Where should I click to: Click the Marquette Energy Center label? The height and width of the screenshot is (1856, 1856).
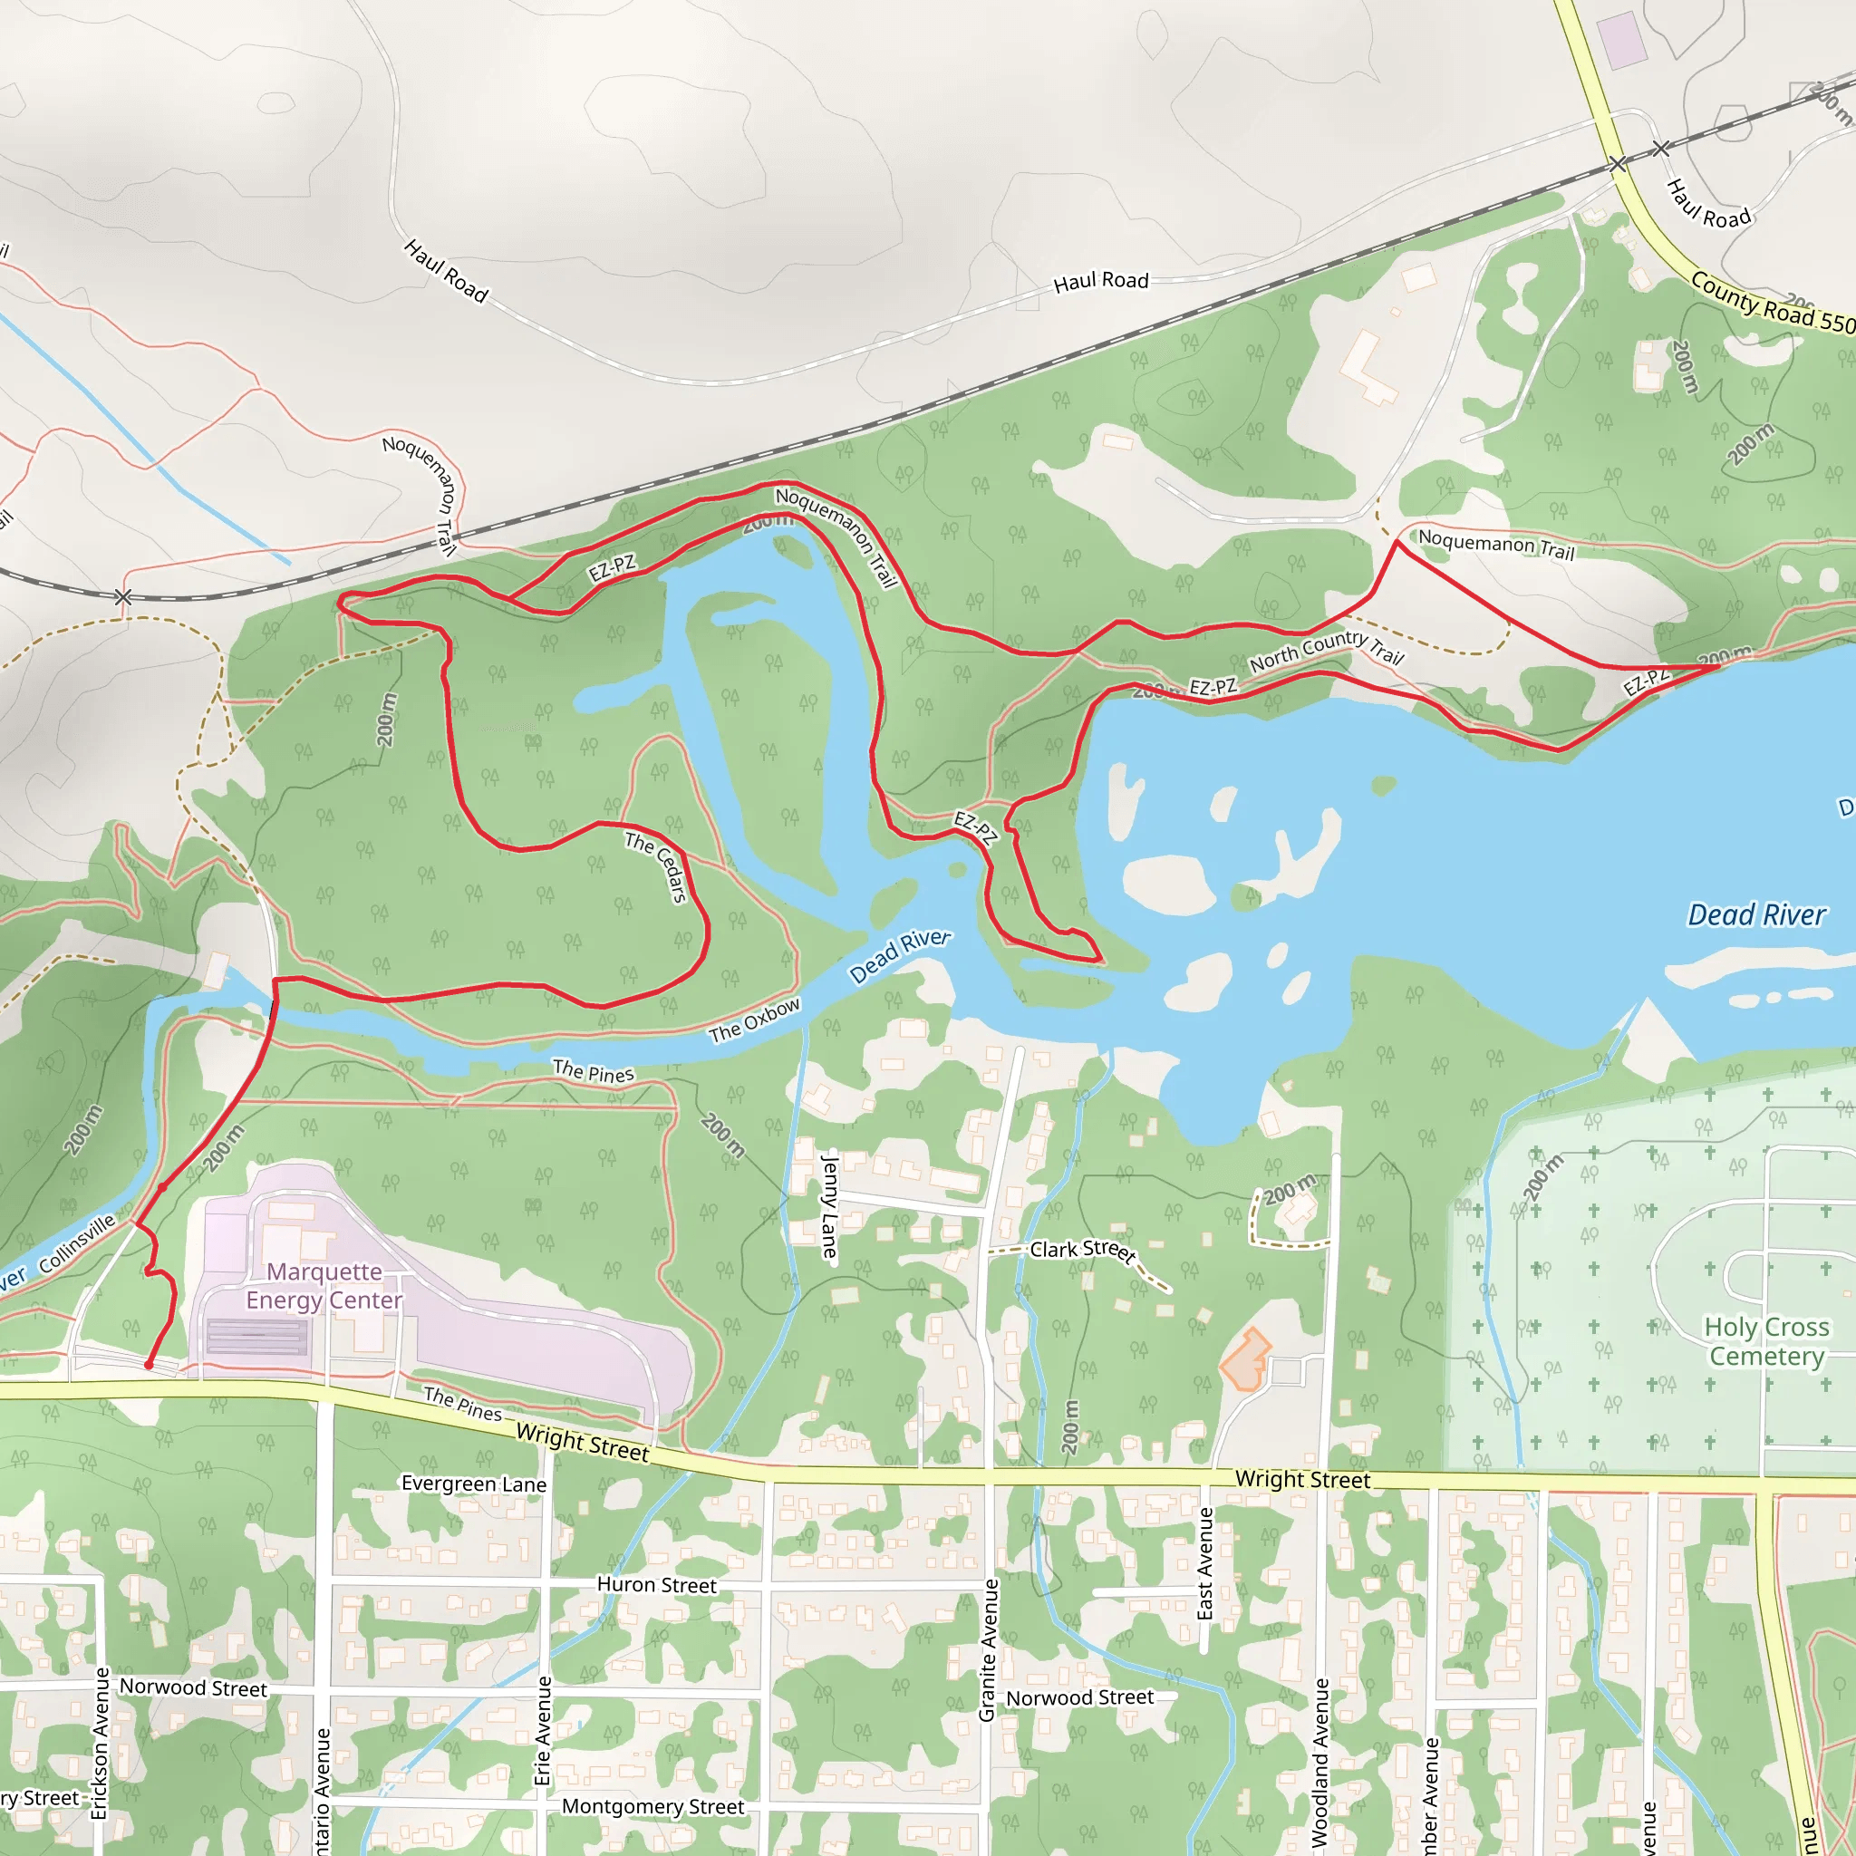click(x=324, y=1285)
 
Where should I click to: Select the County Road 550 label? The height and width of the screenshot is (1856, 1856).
click(x=1773, y=303)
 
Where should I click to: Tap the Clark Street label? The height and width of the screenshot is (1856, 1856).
click(x=1083, y=1250)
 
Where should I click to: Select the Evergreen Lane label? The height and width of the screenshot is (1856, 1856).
click(x=474, y=1484)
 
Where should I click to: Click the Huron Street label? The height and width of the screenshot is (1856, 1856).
click(x=656, y=1585)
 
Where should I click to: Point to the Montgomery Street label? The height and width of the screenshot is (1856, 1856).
click(x=652, y=1807)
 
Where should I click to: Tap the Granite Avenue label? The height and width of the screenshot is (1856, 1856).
click(x=989, y=1649)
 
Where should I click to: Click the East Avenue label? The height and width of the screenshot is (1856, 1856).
click(x=1205, y=1563)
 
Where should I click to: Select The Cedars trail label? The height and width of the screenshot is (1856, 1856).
click(x=657, y=866)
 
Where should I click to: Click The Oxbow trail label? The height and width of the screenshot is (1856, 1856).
click(x=754, y=1020)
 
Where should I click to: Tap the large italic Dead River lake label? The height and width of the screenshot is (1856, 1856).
click(x=1756, y=914)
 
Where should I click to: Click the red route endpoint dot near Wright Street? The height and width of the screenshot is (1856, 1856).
click(x=149, y=1365)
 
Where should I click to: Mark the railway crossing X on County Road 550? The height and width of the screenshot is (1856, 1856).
click(x=1618, y=164)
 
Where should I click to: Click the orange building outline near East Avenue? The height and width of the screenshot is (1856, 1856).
click(x=1245, y=1359)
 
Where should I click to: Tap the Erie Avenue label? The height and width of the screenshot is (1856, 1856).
click(x=544, y=1730)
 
